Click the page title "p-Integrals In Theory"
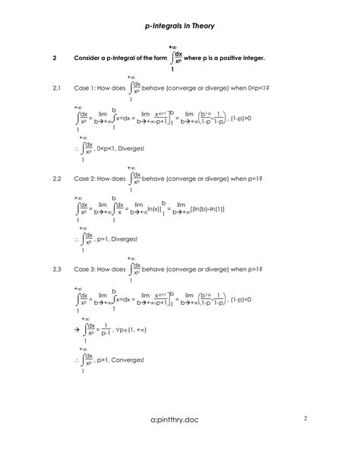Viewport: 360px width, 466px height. [180, 26]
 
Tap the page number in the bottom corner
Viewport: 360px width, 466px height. [305, 418]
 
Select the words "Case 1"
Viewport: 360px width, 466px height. [85, 89]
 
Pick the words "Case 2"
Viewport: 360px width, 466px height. [85, 179]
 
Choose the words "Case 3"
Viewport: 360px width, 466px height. [85, 269]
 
